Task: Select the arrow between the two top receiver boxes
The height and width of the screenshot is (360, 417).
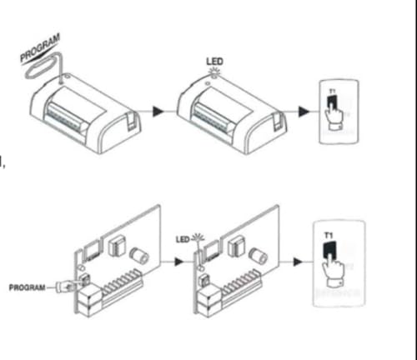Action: tap(160, 109)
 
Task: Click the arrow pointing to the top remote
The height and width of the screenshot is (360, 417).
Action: tap(303, 109)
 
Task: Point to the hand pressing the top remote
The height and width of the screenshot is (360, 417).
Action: tap(334, 112)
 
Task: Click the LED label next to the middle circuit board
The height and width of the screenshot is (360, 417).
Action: tap(183, 239)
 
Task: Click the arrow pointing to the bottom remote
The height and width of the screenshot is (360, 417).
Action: tap(299, 262)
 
